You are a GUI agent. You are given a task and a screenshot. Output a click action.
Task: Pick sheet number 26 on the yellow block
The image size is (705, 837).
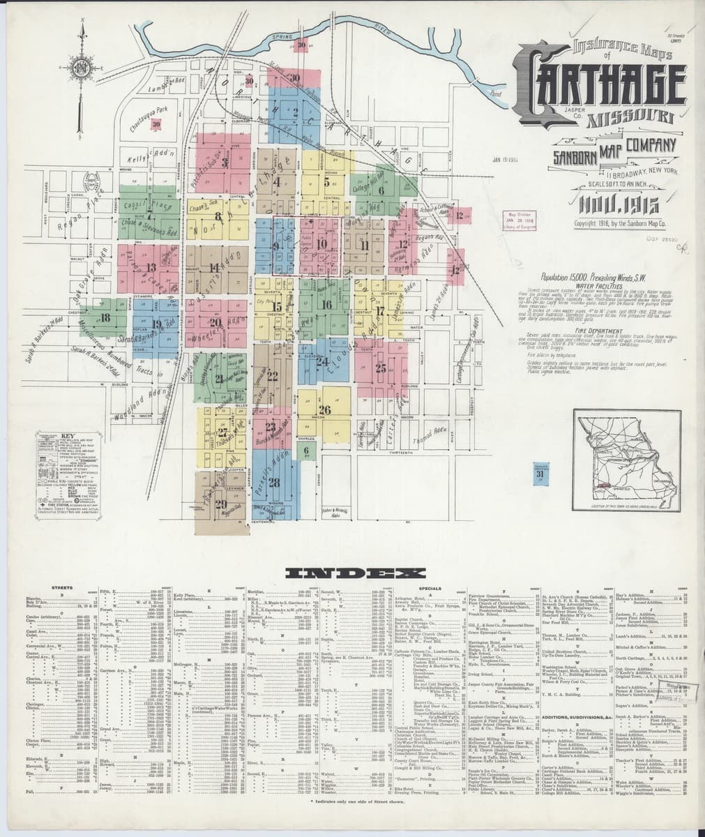click(x=324, y=409)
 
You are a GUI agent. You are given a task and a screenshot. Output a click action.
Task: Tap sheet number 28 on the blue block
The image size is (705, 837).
click(x=274, y=482)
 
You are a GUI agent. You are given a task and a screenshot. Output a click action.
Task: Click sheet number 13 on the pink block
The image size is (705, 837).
click(x=151, y=266)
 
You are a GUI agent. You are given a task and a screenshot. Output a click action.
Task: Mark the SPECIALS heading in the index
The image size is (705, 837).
click(x=429, y=589)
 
